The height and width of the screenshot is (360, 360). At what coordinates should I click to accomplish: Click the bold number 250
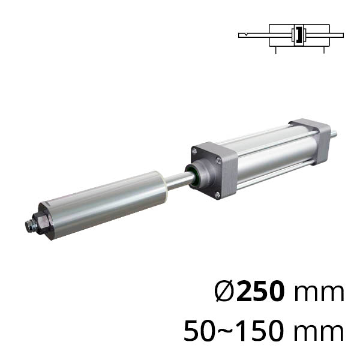click(260, 291)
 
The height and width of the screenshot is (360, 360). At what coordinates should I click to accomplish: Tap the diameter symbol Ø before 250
click(225, 291)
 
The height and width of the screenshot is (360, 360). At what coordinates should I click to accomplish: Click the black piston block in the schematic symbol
click(299, 35)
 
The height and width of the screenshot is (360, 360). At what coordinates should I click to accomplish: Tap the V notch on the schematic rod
click(245, 35)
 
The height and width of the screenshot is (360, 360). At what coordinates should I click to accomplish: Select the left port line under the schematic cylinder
click(276, 50)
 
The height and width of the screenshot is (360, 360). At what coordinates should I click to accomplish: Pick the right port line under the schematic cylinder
click(324, 50)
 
